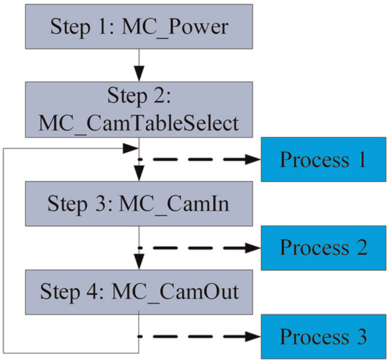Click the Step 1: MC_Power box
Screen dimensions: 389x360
(x=139, y=26)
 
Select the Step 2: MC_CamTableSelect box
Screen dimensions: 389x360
(x=139, y=110)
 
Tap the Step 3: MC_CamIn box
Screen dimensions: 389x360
(x=139, y=204)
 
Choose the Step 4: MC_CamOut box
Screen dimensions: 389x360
(x=139, y=292)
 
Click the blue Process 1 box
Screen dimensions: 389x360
(x=324, y=159)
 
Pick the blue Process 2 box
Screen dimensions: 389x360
(x=324, y=247)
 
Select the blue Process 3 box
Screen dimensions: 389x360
(x=324, y=337)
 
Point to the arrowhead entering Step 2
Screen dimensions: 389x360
(x=139, y=74)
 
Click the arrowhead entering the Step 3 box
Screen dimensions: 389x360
(x=139, y=174)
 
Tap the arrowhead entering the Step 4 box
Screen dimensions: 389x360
(x=139, y=262)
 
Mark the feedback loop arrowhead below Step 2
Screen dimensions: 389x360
(x=131, y=149)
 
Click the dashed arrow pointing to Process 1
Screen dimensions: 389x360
(x=199, y=159)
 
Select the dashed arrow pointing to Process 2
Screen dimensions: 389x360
(x=199, y=247)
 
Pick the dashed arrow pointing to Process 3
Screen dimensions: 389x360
(x=199, y=337)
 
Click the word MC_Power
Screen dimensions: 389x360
(x=175, y=28)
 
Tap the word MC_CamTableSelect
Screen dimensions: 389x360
(x=138, y=124)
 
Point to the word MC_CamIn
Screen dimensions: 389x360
(x=174, y=204)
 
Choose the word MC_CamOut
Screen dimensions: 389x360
(x=175, y=292)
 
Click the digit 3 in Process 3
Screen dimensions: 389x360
(x=361, y=337)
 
